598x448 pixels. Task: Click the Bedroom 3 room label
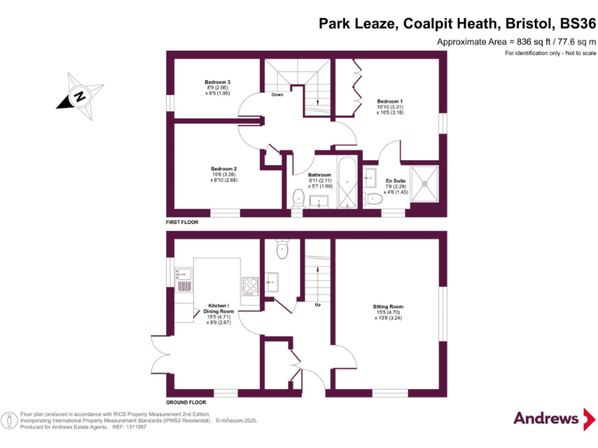(217, 82)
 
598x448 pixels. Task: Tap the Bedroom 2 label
(223, 169)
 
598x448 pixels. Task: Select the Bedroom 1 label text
(390, 101)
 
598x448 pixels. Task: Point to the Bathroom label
(320, 175)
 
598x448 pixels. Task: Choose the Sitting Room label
(388, 306)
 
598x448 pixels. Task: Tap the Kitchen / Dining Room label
(218, 309)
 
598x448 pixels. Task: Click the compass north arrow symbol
(79, 95)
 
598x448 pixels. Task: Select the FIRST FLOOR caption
(182, 222)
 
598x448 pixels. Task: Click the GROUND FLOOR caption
(186, 402)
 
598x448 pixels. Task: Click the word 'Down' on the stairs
(276, 95)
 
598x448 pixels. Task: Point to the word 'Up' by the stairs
(318, 304)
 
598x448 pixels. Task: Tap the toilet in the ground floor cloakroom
(282, 250)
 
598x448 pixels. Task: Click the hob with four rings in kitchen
(250, 286)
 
